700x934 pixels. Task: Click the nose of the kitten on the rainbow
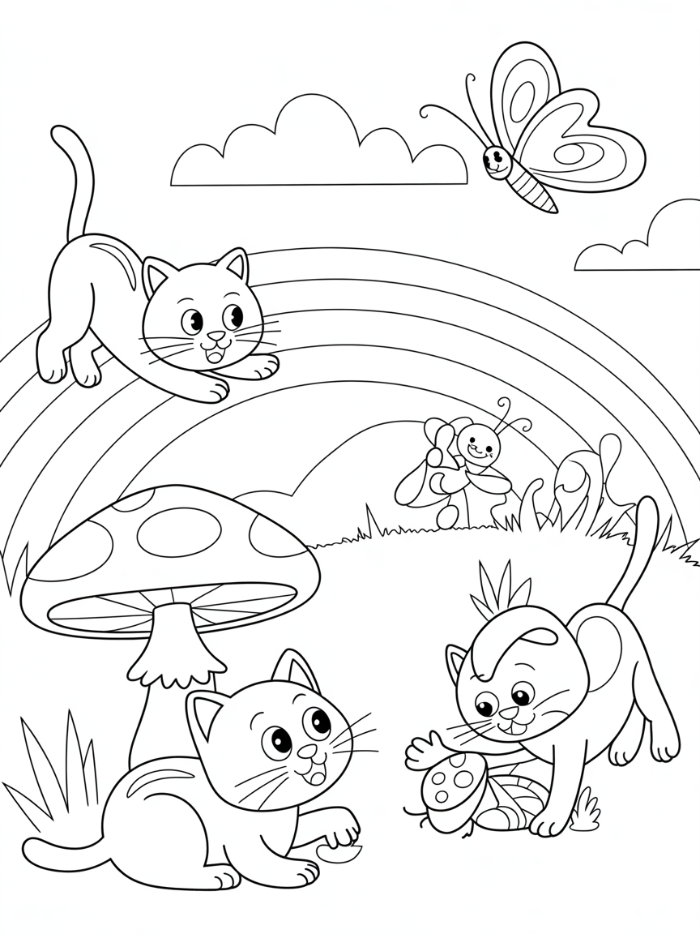(216, 336)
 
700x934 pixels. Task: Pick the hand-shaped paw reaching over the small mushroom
(425, 750)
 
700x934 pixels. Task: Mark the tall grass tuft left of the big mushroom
(57, 770)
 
